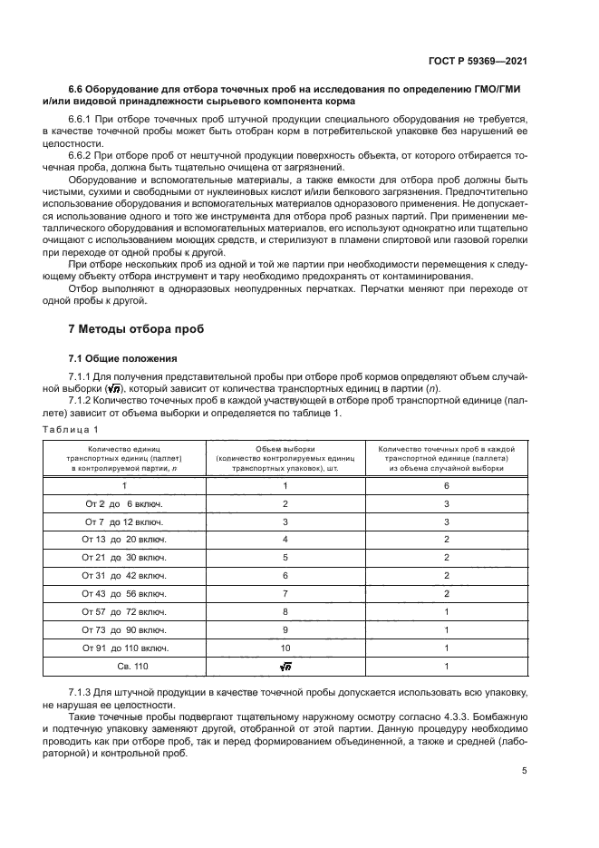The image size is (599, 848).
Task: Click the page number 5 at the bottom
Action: tap(525, 771)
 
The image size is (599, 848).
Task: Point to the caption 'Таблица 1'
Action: tap(69, 428)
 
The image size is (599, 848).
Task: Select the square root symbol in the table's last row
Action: tap(285, 666)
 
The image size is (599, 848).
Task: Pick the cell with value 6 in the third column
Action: tap(446, 485)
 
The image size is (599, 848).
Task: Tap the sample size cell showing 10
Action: tap(285, 647)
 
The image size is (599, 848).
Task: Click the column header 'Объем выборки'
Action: tap(285, 449)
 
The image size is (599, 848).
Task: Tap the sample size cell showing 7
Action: tap(285, 592)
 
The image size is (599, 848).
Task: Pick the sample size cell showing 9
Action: tap(285, 629)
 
